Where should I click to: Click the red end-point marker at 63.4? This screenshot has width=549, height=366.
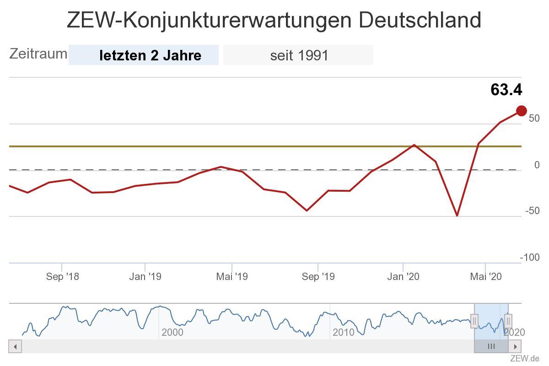point(521,111)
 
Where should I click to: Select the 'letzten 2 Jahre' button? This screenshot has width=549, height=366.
point(144,55)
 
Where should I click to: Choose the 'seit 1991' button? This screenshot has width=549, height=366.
point(298,55)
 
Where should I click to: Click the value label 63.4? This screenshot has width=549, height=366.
point(506,90)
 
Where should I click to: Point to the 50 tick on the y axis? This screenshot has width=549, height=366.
point(534,118)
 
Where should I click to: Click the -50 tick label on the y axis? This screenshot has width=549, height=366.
point(532,211)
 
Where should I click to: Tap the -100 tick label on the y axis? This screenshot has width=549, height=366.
point(530,258)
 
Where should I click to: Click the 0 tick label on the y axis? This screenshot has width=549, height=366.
point(537,165)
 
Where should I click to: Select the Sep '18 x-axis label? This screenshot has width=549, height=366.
point(62,276)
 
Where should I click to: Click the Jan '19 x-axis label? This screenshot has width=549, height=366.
point(145,276)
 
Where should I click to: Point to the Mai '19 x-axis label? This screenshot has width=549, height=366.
point(232,276)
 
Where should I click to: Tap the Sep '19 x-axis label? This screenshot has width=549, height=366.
point(318,276)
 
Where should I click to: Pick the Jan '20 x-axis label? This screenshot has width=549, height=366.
point(403,276)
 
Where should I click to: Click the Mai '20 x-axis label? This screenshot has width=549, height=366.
point(485,276)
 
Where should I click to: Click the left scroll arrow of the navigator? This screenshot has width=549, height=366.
point(15,346)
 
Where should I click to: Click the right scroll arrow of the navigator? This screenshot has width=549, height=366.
point(515,346)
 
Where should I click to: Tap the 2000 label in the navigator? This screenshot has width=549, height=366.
point(172,332)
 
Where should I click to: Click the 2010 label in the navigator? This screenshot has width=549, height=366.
point(344,332)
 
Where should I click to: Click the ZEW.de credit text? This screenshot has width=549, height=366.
point(525,358)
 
